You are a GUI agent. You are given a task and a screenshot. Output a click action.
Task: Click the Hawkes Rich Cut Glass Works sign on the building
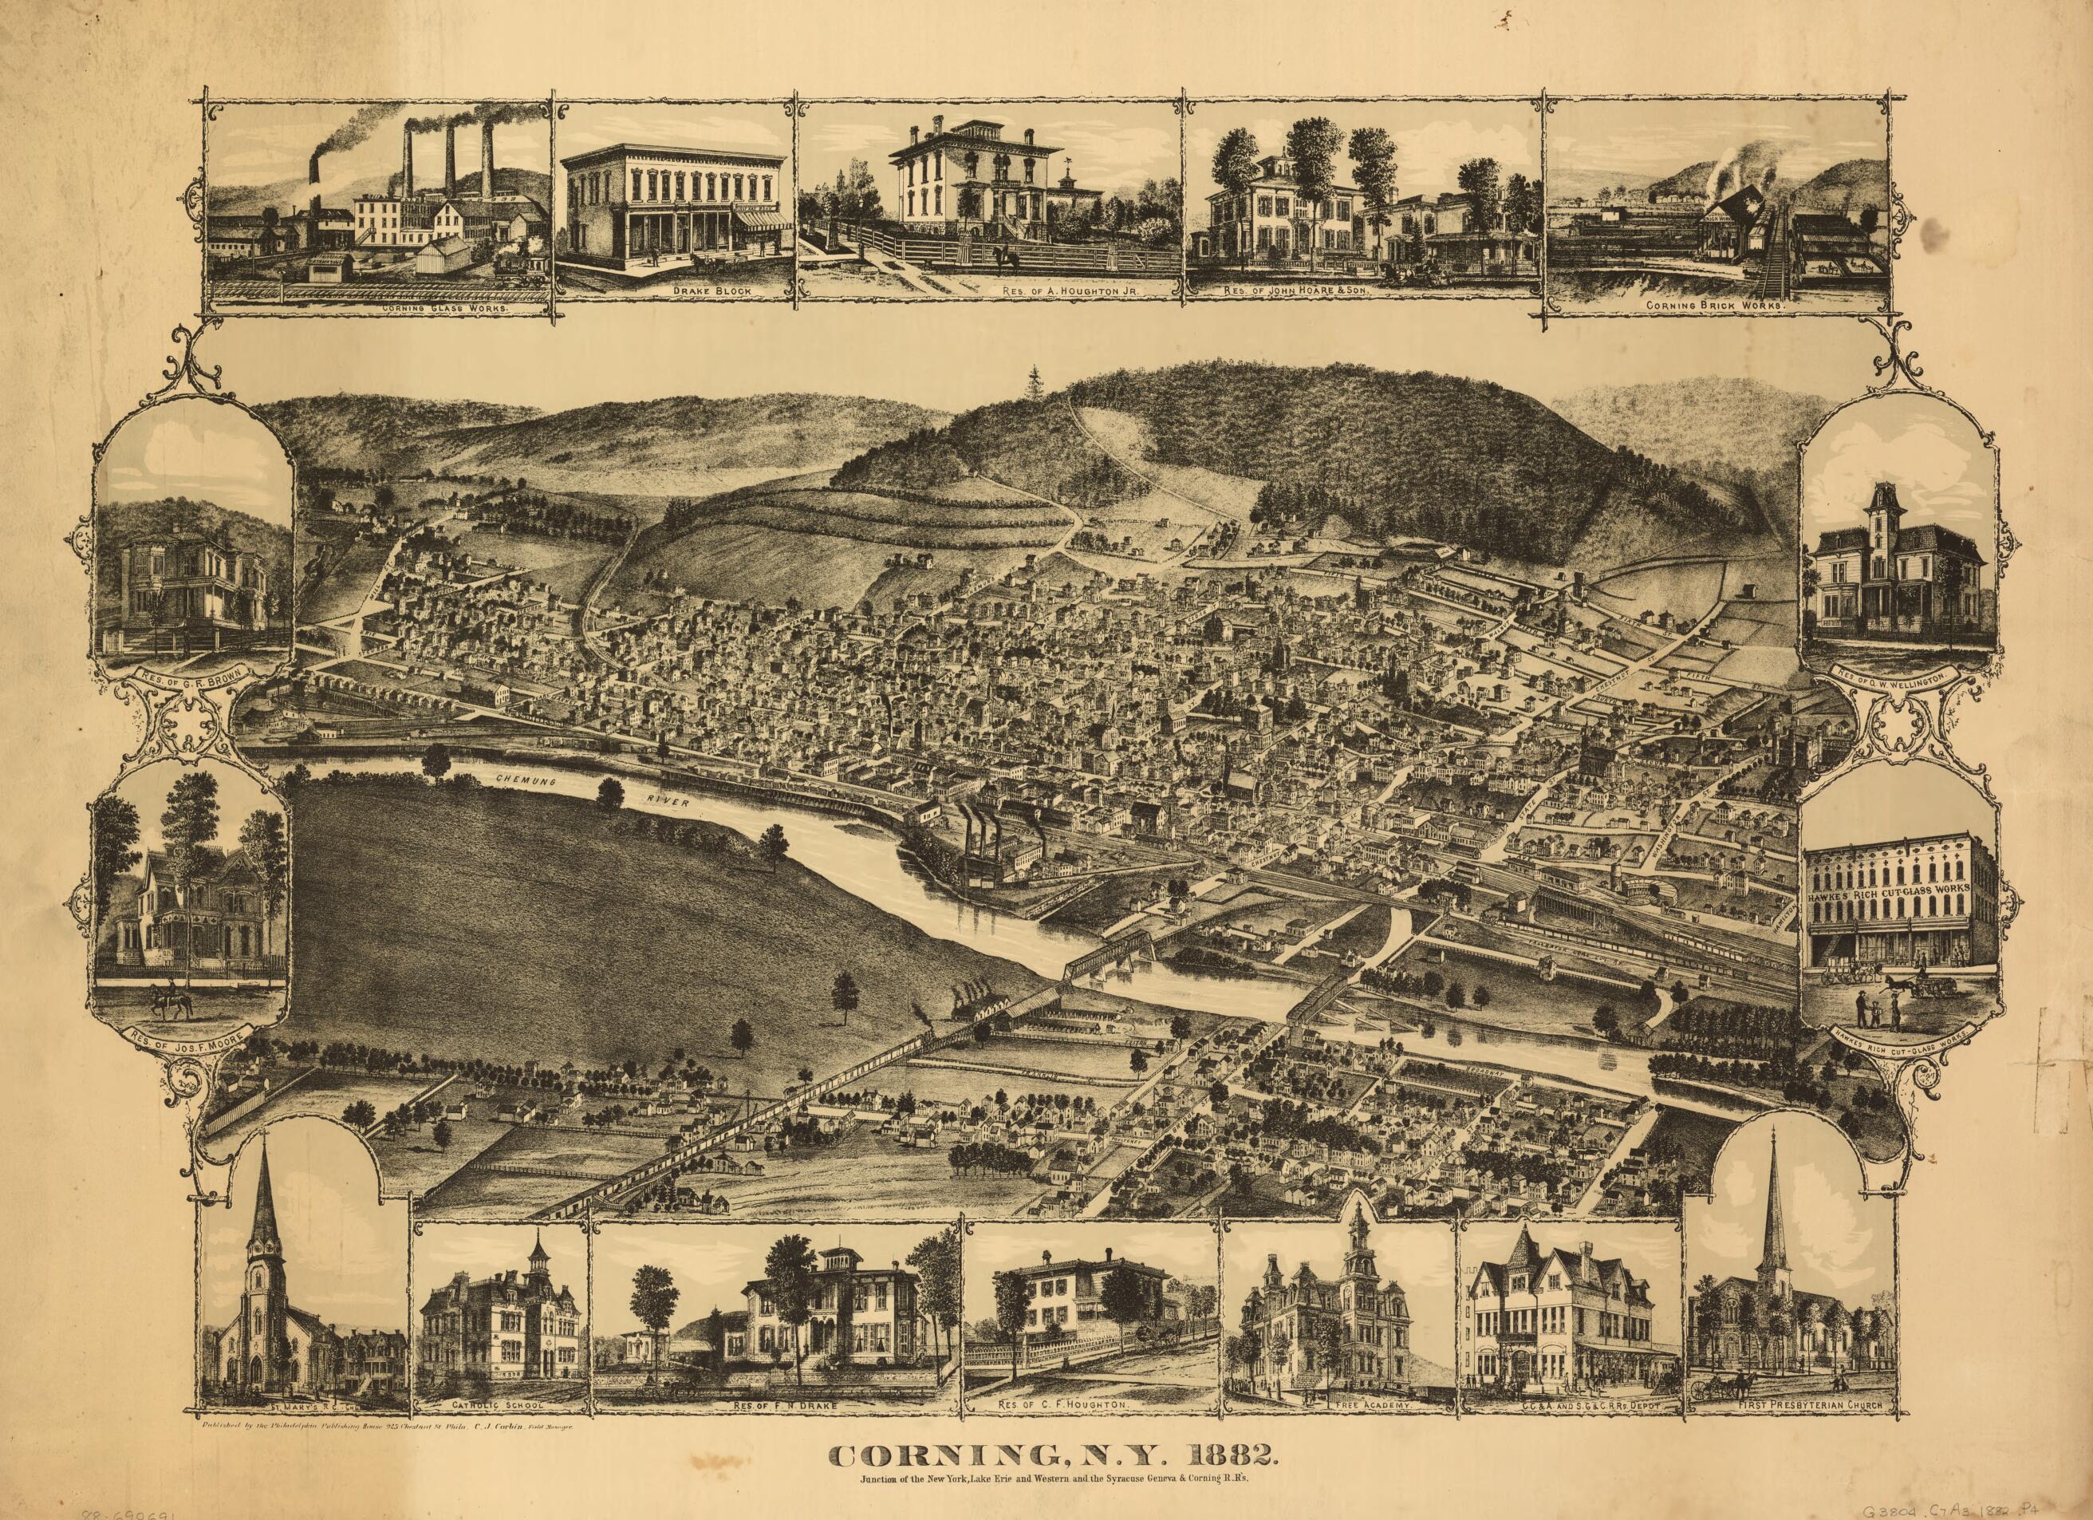[1888, 894]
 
